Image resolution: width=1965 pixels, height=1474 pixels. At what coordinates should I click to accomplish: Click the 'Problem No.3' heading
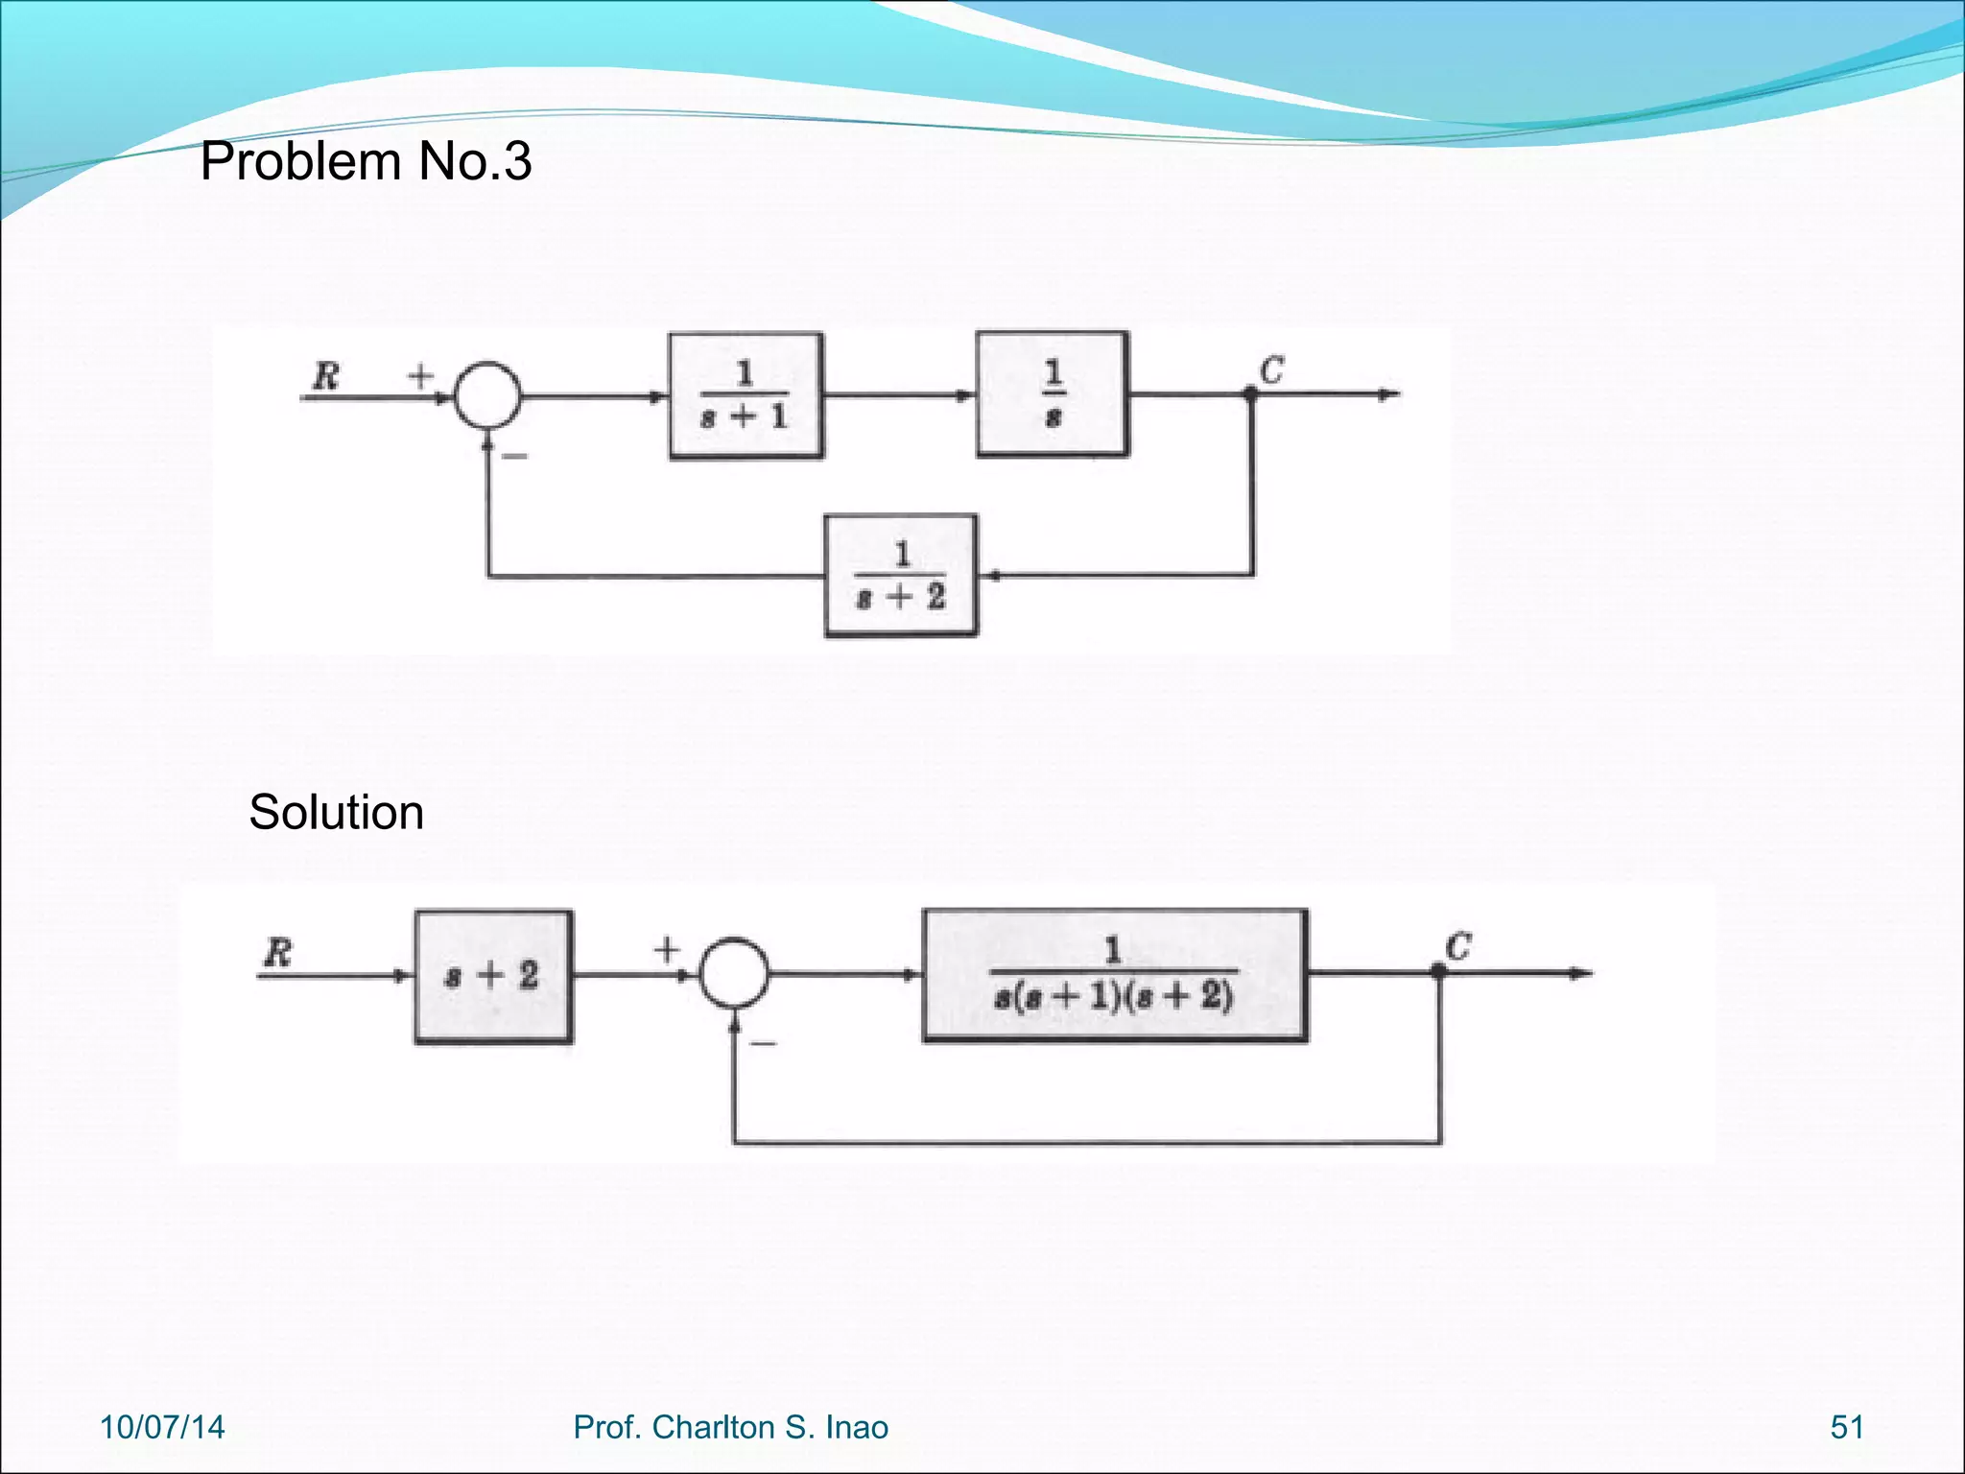click(x=365, y=161)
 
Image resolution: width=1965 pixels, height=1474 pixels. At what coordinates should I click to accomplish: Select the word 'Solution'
click(x=336, y=813)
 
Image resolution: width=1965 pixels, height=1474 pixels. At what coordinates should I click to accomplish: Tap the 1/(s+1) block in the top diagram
click(x=746, y=395)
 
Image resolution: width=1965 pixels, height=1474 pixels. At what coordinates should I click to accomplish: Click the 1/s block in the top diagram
click(x=1053, y=394)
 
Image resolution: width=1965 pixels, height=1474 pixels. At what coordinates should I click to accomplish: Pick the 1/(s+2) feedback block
click(x=901, y=576)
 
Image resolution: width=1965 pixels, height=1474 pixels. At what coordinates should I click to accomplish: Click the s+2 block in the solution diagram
click(x=493, y=976)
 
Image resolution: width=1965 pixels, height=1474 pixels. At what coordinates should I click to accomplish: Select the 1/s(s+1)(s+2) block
click(x=1114, y=975)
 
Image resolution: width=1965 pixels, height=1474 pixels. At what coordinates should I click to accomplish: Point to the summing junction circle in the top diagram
click(x=487, y=395)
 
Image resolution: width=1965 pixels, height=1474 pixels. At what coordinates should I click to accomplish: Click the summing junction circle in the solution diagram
click(x=734, y=973)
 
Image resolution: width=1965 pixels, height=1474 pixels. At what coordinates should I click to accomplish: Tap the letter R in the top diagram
click(x=325, y=375)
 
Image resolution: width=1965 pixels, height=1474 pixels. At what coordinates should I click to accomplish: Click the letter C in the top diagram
click(x=1271, y=369)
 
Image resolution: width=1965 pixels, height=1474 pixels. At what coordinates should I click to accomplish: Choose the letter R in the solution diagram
click(x=277, y=953)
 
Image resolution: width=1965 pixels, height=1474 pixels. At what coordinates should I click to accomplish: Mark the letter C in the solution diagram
click(x=1457, y=947)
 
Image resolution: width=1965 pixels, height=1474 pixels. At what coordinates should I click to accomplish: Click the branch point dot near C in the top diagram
click(x=1250, y=393)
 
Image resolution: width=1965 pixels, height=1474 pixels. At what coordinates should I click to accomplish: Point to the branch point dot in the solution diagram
click(x=1437, y=972)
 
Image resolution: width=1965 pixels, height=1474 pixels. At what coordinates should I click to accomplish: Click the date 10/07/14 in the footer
click(x=162, y=1427)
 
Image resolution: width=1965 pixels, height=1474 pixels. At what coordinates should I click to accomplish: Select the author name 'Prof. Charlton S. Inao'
click(x=730, y=1427)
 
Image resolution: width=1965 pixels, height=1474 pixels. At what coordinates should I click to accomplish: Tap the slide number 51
click(x=1847, y=1427)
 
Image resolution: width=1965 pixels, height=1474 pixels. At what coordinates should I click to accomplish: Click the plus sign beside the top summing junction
click(x=420, y=374)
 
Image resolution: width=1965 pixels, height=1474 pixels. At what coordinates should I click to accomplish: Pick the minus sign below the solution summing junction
click(x=763, y=1043)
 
